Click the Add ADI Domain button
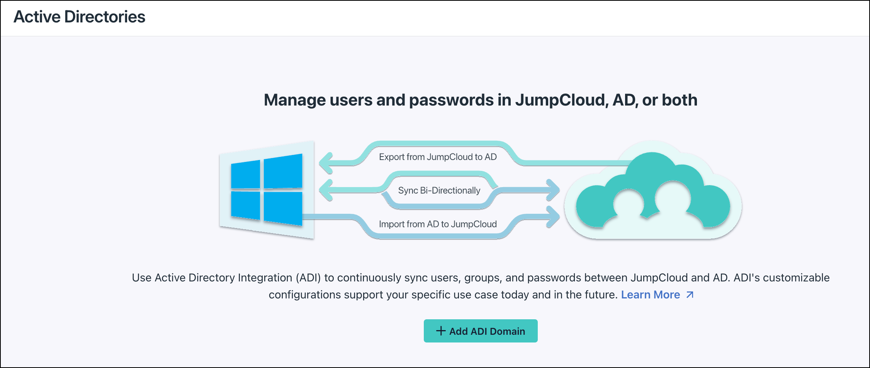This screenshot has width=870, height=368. pos(480,331)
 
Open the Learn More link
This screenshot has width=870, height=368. pos(650,295)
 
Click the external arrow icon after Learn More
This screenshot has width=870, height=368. pos(690,295)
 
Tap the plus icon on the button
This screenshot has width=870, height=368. pos(441,331)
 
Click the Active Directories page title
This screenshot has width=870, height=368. pos(79,17)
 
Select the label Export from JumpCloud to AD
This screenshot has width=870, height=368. pos(438,157)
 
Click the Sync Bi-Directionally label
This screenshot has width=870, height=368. pos(439,191)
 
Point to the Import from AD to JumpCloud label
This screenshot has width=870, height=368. pos(438,224)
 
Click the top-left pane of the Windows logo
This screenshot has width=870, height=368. pos(246,175)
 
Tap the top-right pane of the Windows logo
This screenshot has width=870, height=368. pos(283,171)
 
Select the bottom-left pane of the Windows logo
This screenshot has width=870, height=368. pos(246,205)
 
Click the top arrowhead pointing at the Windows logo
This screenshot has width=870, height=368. pos(327,163)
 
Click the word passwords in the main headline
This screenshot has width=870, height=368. pos(451,100)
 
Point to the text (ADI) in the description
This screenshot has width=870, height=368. pos(308,278)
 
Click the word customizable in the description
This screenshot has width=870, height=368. pos(796,278)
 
